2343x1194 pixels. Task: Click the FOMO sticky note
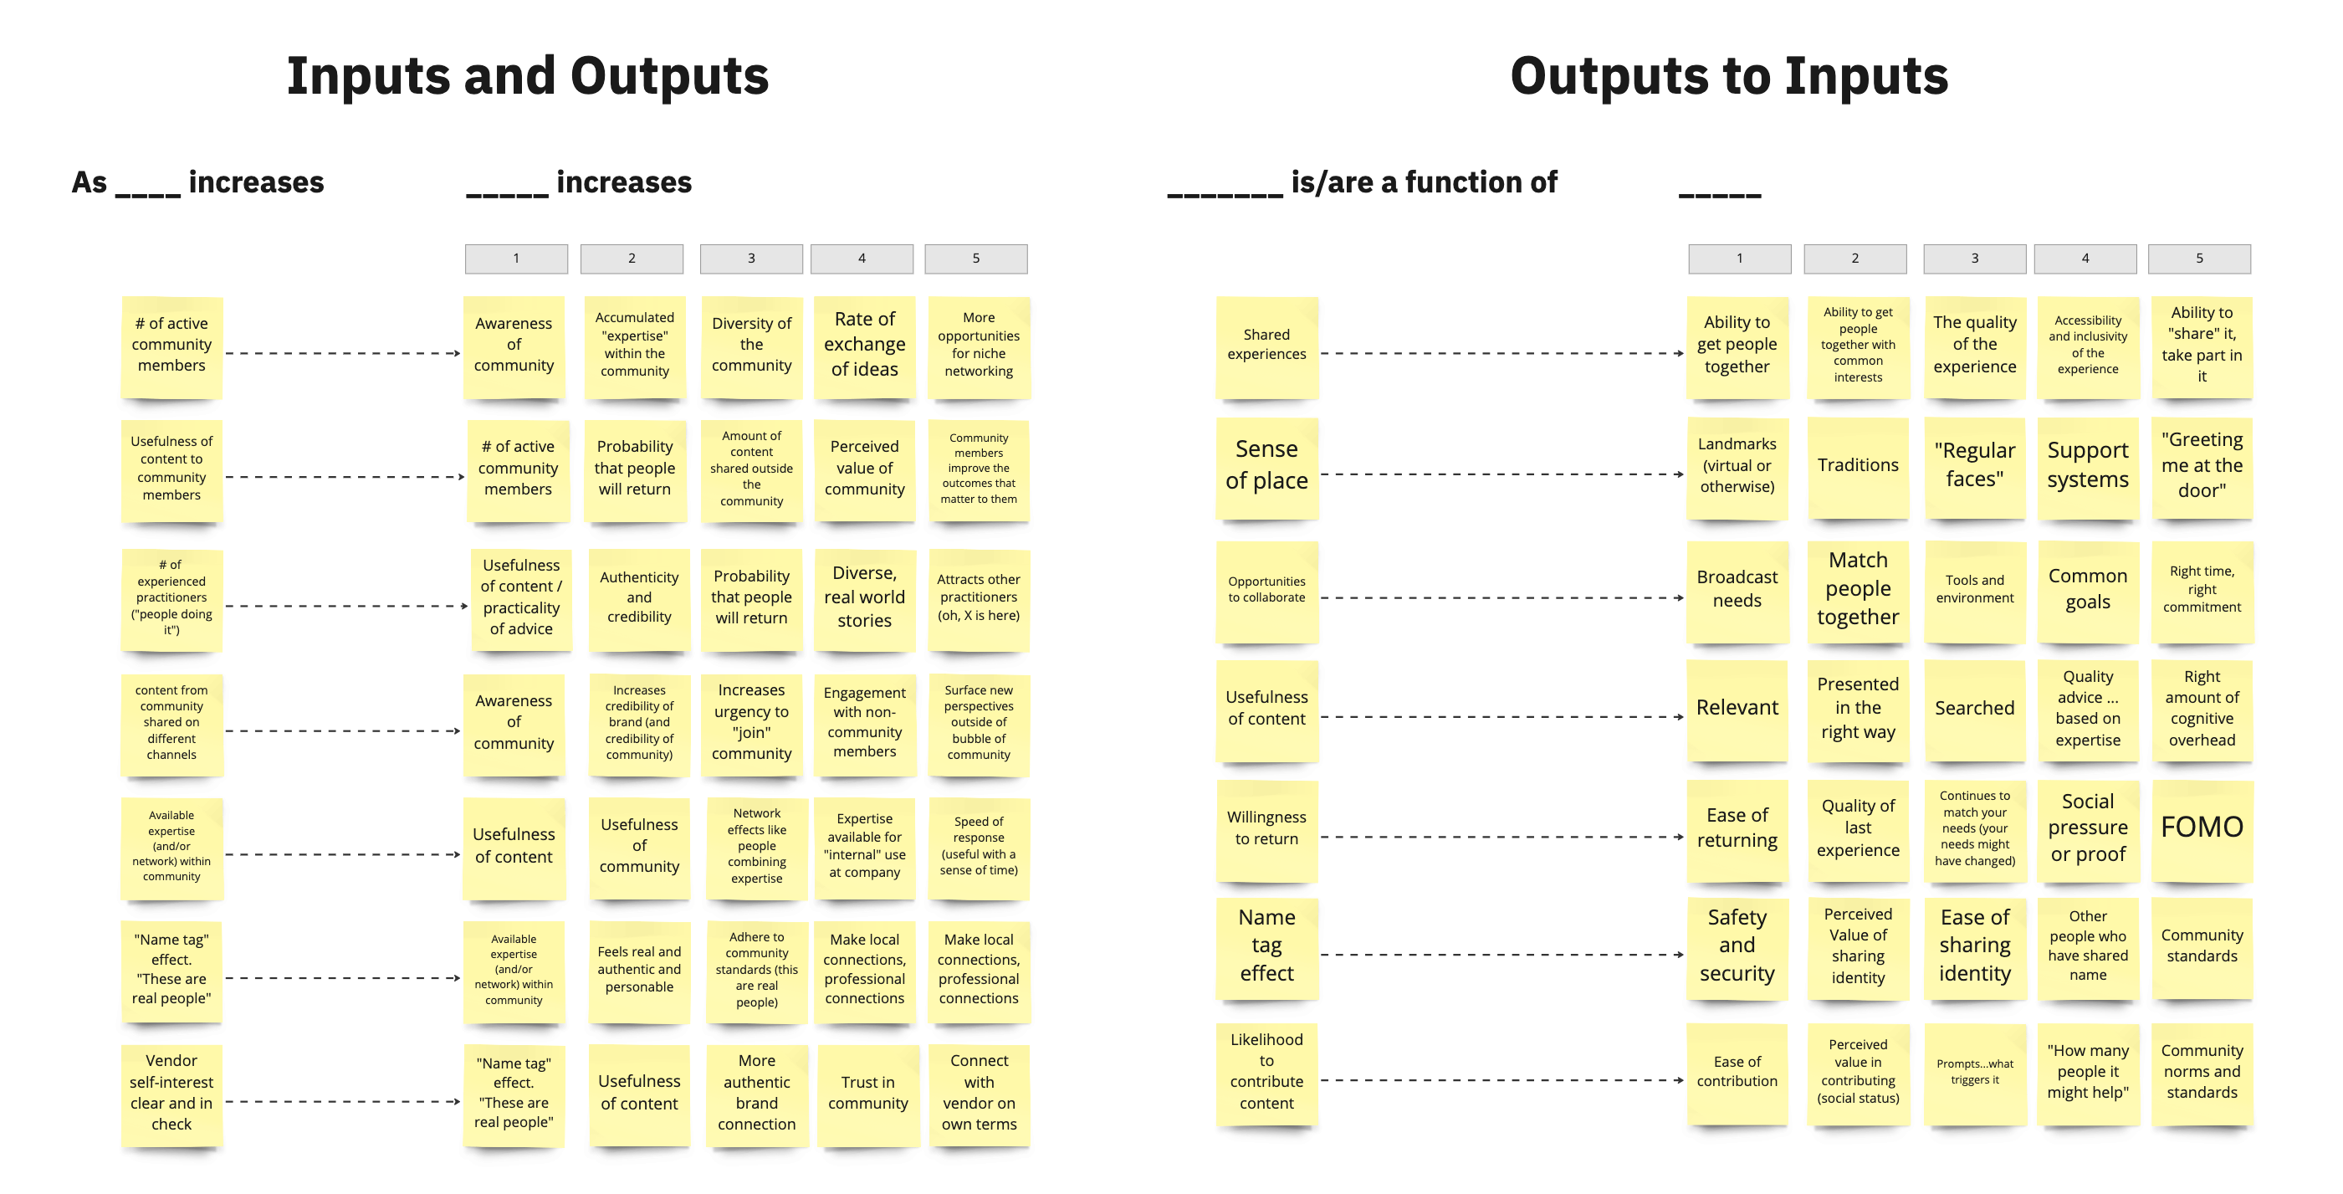tap(2201, 828)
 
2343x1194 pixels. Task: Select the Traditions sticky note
tap(1857, 466)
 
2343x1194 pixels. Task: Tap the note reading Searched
tap(1974, 709)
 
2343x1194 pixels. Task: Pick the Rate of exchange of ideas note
tap(864, 345)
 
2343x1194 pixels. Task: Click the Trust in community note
tap(867, 1093)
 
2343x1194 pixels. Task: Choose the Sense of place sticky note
tap(1266, 466)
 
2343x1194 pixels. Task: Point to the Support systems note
tap(2087, 466)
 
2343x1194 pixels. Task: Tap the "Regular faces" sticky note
tap(1974, 466)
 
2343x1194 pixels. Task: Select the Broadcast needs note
tap(1737, 590)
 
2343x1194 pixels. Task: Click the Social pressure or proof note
tap(2087, 828)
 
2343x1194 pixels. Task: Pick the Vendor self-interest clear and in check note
tap(171, 1093)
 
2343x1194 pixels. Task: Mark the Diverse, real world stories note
tap(864, 598)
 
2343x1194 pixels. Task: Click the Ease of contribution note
tap(1737, 1072)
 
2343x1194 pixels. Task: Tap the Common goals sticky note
tap(2087, 590)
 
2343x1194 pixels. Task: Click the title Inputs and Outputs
tap(528, 76)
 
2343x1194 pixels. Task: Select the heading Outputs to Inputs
tap(1728, 76)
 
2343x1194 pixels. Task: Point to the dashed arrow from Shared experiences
tap(1501, 353)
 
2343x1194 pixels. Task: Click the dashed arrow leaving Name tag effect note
tap(1501, 955)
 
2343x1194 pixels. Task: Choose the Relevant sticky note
tap(1737, 709)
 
